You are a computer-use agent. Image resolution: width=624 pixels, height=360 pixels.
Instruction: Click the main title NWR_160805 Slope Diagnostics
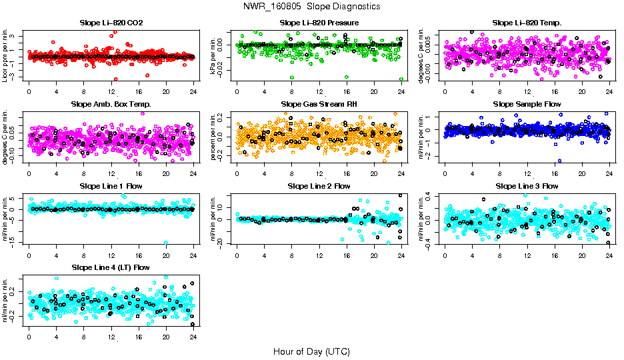click(x=311, y=6)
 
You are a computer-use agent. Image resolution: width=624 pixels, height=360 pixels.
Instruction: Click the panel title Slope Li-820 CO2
click(x=111, y=23)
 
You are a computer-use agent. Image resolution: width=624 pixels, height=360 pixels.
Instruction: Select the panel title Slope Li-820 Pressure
click(x=319, y=23)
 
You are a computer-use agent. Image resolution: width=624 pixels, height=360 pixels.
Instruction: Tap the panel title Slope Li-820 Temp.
click(x=527, y=23)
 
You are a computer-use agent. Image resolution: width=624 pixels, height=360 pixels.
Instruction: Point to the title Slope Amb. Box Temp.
click(x=111, y=104)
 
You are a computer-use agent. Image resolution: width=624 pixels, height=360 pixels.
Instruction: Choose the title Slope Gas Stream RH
click(x=319, y=104)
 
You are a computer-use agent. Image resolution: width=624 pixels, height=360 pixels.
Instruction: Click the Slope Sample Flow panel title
click(x=527, y=104)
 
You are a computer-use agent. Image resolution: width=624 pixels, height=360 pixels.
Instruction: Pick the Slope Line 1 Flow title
click(x=111, y=185)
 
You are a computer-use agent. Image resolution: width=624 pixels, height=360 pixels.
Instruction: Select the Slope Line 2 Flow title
click(x=319, y=185)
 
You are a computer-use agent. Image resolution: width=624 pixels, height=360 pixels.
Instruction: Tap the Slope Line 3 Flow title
click(x=527, y=185)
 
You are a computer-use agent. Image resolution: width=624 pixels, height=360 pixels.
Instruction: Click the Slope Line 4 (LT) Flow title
click(x=111, y=267)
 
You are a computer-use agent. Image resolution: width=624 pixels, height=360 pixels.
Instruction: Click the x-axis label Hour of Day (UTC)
click(x=311, y=351)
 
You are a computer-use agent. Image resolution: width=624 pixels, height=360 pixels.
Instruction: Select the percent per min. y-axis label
click(x=213, y=137)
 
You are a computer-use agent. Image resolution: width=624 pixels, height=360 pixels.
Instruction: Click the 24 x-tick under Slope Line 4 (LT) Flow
click(x=193, y=337)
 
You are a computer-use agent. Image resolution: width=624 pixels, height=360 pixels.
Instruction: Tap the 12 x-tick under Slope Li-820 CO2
click(x=111, y=92)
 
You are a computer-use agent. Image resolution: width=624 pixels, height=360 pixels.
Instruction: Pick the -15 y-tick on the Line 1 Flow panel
click(x=13, y=243)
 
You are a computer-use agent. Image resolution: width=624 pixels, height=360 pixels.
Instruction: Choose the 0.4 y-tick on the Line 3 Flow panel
click(x=429, y=194)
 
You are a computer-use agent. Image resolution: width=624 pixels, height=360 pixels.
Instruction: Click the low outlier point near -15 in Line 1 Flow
click(x=166, y=243)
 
